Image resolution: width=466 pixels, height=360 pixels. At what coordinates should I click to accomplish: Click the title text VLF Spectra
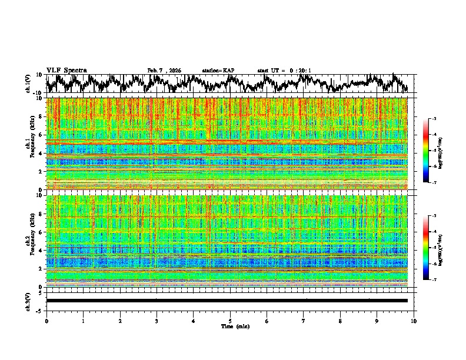[66, 70]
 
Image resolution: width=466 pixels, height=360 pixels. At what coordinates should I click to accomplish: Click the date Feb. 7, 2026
[164, 71]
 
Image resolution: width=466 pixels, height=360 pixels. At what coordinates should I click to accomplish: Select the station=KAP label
[218, 71]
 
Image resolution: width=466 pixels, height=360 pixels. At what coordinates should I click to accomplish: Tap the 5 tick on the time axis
[230, 321]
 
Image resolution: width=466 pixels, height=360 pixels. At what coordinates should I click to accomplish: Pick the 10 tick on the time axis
[414, 321]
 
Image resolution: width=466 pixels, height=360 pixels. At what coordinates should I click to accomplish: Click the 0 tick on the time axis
[46, 321]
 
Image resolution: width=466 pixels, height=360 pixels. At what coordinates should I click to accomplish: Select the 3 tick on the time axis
[157, 321]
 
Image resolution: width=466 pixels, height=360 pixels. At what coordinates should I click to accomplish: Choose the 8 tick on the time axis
[340, 321]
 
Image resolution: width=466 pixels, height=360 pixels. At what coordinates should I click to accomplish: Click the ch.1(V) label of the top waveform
[28, 84]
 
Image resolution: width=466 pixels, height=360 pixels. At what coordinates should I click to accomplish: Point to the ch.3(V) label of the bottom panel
[28, 301]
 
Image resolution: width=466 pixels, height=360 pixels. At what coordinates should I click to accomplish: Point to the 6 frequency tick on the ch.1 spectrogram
[41, 135]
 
